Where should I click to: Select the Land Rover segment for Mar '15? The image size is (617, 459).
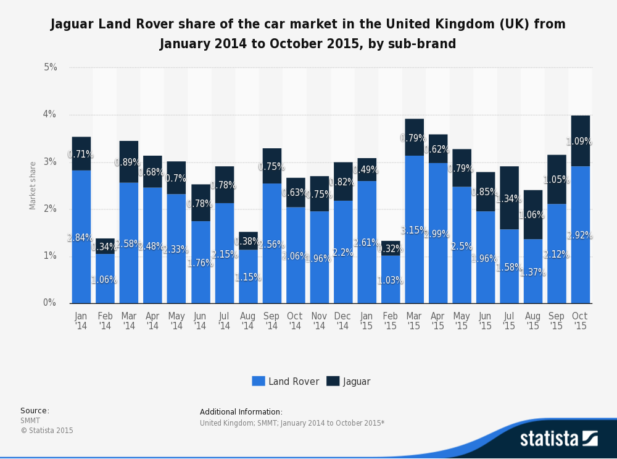(x=414, y=259)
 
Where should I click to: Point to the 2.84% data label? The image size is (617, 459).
(x=81, y=237)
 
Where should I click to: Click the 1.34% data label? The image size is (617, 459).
(x=510, y=199)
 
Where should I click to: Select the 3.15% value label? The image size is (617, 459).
(x=413, y=230)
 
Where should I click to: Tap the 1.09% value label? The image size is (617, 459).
(x=580, y=141)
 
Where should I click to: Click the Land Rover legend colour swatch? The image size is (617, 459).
(x=258, y=381)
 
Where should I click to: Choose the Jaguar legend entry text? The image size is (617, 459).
(x=357, y=381)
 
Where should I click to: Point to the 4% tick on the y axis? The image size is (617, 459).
(x=49, y=115)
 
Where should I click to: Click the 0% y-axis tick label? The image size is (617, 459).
(x=49, y=303)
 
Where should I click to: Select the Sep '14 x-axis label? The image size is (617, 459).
(x=271, y=321)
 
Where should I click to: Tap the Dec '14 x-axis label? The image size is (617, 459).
(x=342, y=321)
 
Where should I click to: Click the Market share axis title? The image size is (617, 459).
(x=33, y=185)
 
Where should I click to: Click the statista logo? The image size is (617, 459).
(x=559, y=438)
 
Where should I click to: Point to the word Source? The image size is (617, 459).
(x=34, y=411)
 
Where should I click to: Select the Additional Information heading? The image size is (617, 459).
(x=241, y=412)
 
